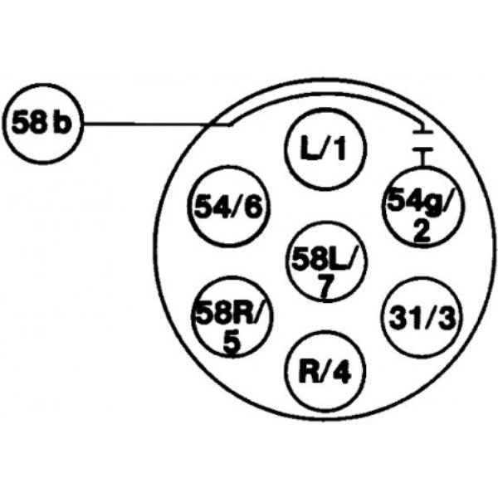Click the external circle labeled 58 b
(43, 125)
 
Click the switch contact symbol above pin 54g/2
(422, 141)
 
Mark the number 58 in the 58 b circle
(29, 125)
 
